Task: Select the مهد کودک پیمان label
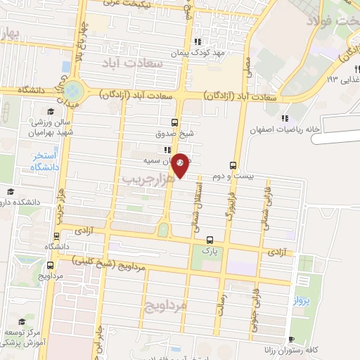[200, 53]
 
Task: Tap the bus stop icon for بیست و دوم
[252, 166]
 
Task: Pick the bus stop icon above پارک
[210, 240]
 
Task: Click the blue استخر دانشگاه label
[44, 161]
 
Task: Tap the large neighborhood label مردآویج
[165, 306]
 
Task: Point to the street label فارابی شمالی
[266, 196]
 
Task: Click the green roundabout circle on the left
[73, 91]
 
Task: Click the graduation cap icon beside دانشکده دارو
[10, 191]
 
